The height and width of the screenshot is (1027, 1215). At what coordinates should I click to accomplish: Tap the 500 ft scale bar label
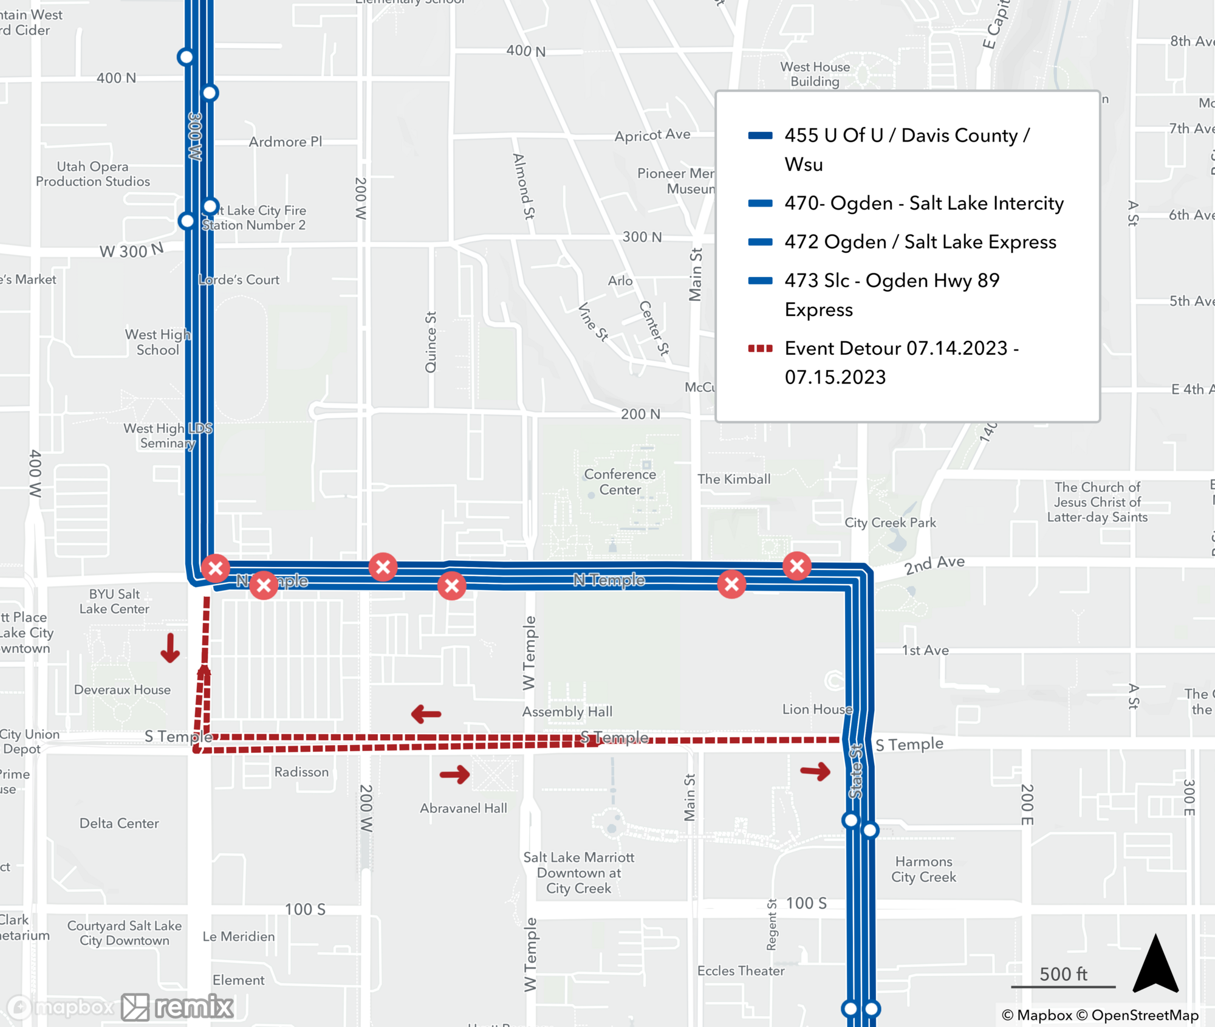[1063, 974]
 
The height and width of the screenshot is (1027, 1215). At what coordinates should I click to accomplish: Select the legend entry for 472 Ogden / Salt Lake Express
[920, 242]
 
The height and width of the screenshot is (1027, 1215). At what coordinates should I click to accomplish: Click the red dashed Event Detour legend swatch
[760, 348]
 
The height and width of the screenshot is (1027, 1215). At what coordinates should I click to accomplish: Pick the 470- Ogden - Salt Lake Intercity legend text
[923, 203]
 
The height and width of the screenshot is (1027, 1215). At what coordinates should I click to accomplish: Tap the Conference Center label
[620, 482]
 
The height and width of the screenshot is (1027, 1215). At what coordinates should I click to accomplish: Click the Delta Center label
[119, 823]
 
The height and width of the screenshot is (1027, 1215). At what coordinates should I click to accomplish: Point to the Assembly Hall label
[567, 712]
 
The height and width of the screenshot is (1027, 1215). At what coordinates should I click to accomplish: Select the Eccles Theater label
[741, 971]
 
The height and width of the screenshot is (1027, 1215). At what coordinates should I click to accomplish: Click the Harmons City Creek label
[923, 869]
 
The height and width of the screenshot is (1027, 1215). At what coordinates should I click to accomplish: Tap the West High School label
[157, 342]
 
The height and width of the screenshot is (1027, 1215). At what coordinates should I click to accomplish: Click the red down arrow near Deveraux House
[170, 648]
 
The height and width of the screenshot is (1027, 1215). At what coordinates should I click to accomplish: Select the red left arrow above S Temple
[426, 714]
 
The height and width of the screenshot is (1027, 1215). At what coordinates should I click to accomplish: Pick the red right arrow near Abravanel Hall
[455, 774]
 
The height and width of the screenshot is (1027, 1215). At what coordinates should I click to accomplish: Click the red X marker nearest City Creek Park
[797, 566]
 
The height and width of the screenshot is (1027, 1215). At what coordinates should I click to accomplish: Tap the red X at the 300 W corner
[215, 569]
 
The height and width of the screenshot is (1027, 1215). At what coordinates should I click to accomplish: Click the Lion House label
[817, 709]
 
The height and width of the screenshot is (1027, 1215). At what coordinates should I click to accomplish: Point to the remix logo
[177, 1007]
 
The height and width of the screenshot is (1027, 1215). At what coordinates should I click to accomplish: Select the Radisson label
[301, 772]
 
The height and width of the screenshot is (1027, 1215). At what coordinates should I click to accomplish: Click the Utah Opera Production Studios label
[92, 174]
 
